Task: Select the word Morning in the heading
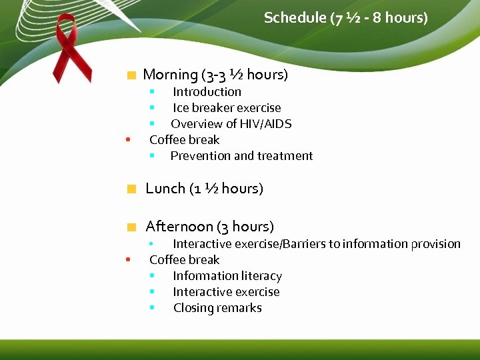171,75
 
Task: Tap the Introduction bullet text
207,92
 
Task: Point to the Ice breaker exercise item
227,108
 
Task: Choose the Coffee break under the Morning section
184,140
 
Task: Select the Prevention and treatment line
241,156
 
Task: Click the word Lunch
165,189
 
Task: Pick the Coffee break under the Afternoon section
184,260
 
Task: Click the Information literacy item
227,276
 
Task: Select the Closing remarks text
217,308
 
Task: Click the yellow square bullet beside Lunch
132,189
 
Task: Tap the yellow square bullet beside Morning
132,75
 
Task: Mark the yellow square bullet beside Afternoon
132,227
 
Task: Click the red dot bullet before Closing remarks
153,308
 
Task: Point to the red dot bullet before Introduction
153,92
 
